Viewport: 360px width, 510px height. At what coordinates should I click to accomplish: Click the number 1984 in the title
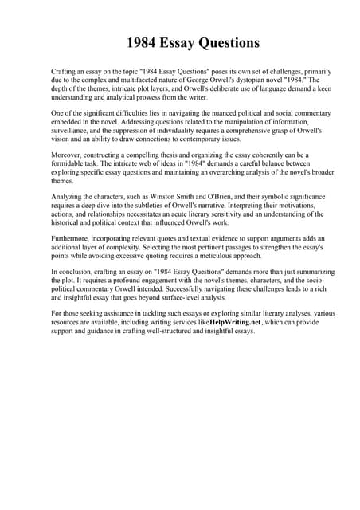[143, 41]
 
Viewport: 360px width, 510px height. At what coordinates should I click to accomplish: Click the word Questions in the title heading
[229, 41]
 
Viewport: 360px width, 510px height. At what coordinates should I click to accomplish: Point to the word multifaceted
[135, 80]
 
